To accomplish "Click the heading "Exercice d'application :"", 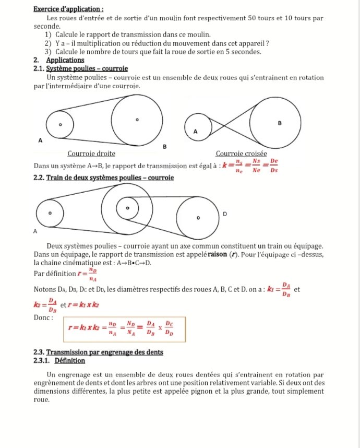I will [68, 9].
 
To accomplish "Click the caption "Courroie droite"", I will [91, 154].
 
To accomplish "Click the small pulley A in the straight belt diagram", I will [60, 125].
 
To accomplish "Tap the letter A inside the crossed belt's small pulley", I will [196, 132].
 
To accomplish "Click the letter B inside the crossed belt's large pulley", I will [280, 124].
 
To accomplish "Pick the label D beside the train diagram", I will [225, 214].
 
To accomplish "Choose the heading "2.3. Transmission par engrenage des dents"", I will [98, 352].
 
